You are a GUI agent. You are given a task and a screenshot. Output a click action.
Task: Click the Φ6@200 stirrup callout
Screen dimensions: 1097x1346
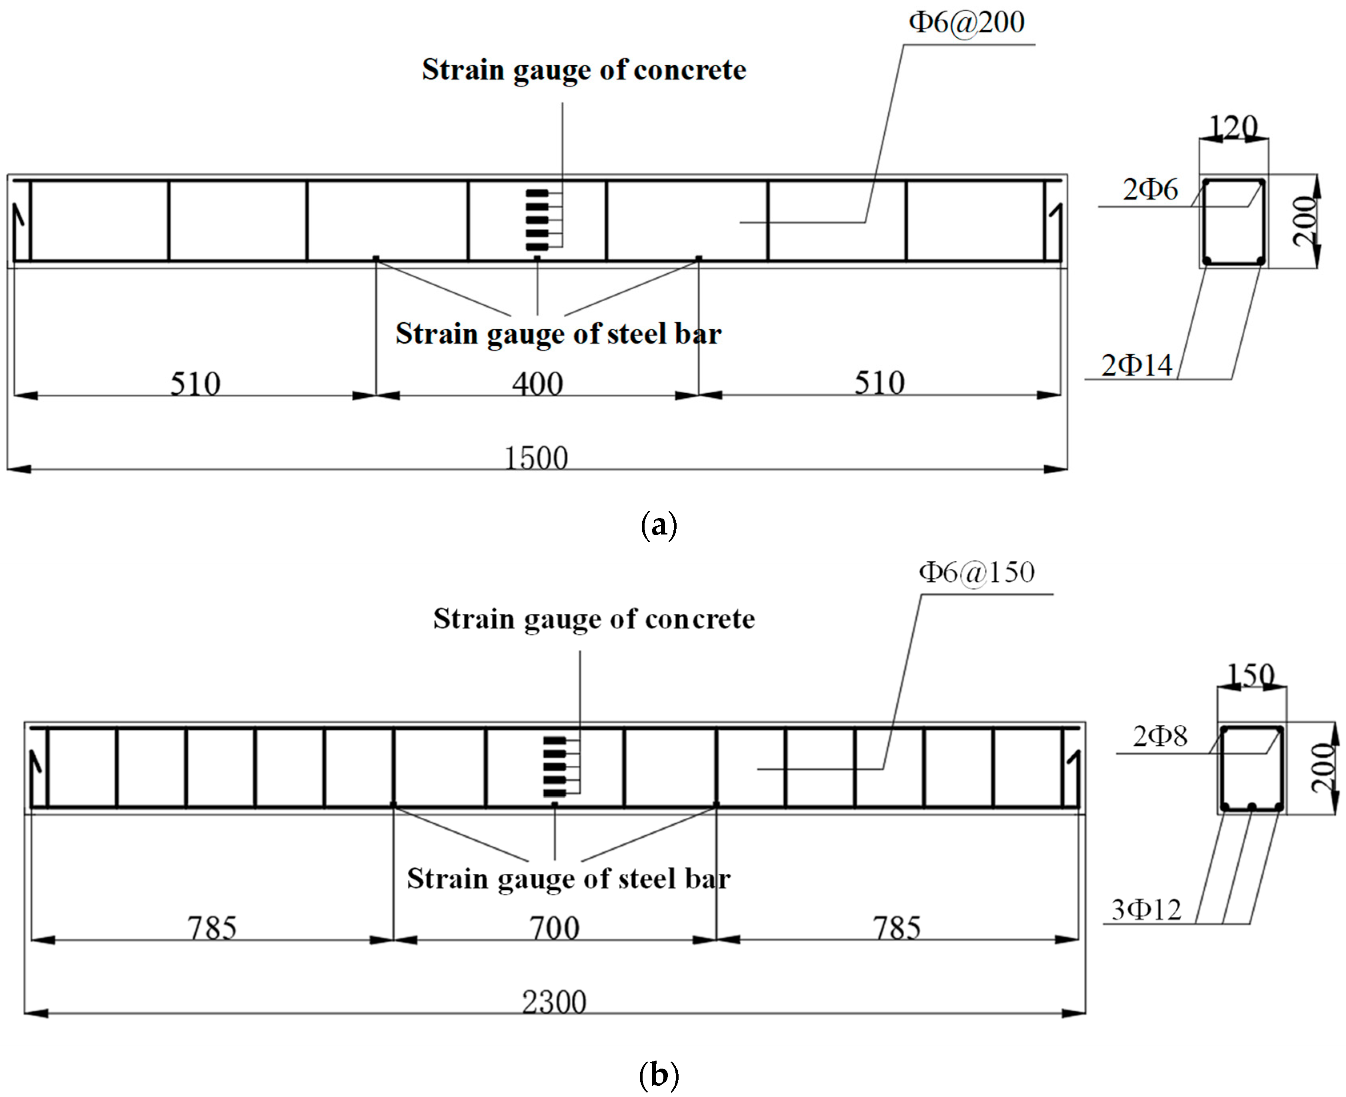[966, 23]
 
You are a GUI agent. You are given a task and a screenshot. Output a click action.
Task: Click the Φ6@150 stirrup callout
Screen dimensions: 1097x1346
[976, 573]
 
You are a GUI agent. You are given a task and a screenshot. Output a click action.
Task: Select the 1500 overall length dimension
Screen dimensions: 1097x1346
[536, 458]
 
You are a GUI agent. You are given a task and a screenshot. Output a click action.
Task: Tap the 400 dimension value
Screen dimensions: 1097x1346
[537, 384]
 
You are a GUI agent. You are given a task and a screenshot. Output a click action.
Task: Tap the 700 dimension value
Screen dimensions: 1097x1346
[554, 928]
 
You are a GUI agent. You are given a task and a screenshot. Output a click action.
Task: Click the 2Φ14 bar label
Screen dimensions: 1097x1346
[1136, 365]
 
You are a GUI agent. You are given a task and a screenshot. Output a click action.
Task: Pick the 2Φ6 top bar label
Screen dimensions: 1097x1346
[1150, 190]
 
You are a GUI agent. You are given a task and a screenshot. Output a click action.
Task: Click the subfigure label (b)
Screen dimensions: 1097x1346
[659, 1075]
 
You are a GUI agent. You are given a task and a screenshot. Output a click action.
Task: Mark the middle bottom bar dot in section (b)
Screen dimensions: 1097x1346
[1251, 806]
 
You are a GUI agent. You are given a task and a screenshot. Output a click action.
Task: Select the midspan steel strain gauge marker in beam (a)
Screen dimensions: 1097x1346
[537, 258]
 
